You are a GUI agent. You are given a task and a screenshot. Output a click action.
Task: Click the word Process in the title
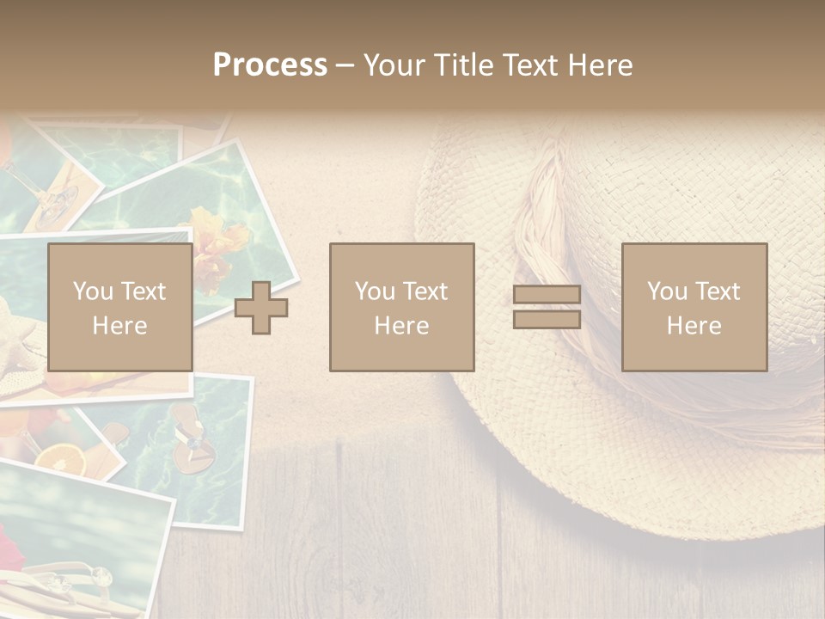270,65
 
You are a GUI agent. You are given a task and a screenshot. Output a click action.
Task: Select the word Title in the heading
462,65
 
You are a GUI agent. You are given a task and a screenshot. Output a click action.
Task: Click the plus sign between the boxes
261,308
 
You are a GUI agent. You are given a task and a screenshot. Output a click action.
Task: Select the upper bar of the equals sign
547,295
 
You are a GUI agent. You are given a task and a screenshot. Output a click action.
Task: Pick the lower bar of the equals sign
547,320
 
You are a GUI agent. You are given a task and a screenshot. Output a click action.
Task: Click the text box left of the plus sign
119,307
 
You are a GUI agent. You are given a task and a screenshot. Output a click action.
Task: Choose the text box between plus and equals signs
401,307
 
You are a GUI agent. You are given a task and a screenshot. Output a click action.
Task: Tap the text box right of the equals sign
694,307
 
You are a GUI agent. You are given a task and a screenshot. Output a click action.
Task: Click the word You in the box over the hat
667,291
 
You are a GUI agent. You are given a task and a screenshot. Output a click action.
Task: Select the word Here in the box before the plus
119,326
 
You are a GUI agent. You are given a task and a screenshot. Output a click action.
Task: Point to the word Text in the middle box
425,291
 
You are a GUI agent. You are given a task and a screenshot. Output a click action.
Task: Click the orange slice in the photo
60,461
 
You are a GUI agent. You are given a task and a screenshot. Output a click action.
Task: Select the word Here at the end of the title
601,65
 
